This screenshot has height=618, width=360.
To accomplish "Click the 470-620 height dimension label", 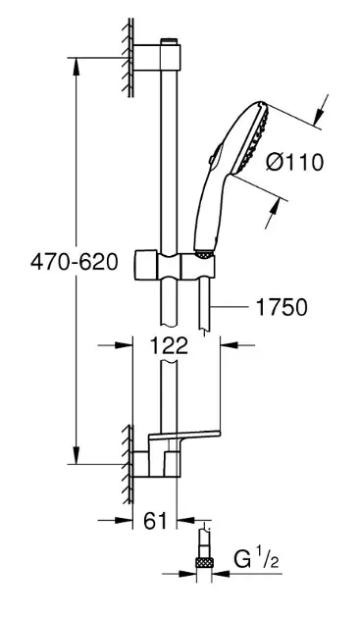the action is [x=75, y=262].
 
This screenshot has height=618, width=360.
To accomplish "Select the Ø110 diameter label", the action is [x=294, y=162].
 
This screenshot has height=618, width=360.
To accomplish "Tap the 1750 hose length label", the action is [x=282, y=307].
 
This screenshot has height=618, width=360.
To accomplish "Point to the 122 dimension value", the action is [x=170, y=346].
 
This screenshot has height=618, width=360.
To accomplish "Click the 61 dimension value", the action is [x=155, y=521].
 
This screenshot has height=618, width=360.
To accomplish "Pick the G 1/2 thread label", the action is [x=256, y=560].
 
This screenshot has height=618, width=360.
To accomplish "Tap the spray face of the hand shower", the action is [x=252, y=138].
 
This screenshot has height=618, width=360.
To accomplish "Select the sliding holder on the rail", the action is [x=175, y=265].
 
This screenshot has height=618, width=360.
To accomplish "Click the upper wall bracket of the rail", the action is [x=157, y=58].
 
